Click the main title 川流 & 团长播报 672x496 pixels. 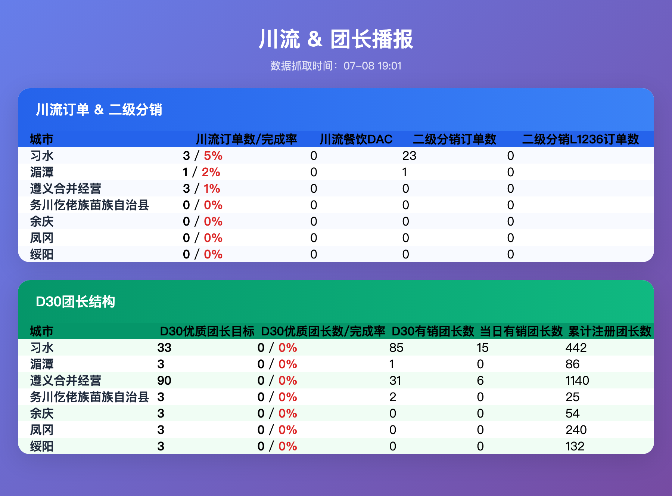336,39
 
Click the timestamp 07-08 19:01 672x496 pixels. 373,66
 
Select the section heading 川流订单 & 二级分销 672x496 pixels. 99,110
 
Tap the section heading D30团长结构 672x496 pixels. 75,302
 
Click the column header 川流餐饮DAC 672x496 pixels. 356,139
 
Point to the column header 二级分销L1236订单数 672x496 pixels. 581,139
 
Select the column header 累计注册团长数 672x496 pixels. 610,331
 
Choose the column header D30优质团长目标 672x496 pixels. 207,331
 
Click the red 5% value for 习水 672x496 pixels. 213,156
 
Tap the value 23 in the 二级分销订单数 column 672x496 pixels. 409,156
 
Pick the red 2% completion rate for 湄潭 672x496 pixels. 211,172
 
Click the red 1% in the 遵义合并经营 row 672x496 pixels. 212,189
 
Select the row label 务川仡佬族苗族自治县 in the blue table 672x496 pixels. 90,205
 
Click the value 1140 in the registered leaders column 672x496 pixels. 577,381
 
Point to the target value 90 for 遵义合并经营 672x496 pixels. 164,381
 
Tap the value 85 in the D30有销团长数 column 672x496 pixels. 396,348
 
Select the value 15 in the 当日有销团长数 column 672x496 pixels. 482,348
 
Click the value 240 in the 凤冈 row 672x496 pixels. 576,430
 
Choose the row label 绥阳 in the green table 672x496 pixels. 42,446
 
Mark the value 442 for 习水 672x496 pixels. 576,348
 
